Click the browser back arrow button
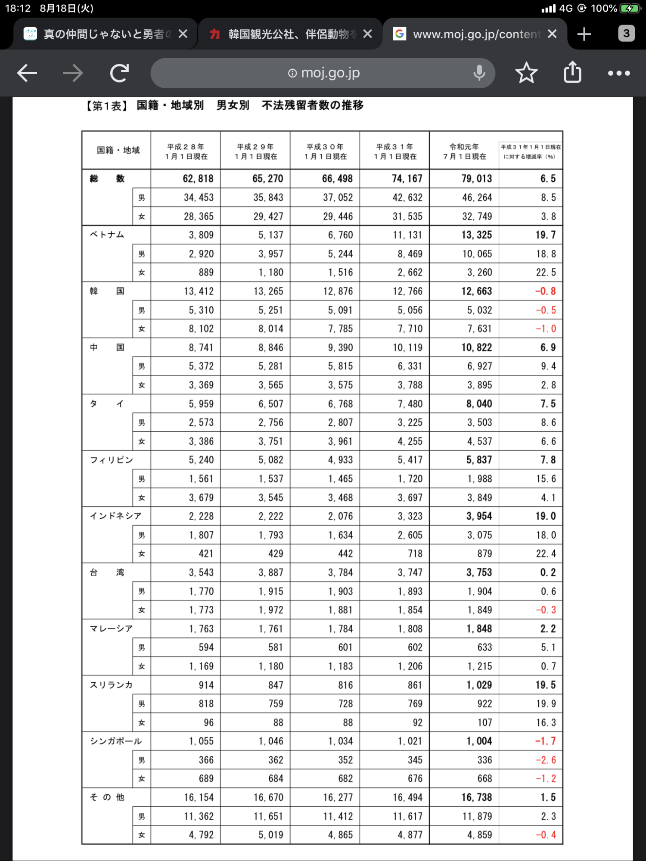pyautogui.click(x=27, y=73)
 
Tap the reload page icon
pyautogui.click(x=119, y=73)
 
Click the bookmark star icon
pyautogui.click(x=526, y=73)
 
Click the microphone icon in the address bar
pyautogui.click(x=479, y=73)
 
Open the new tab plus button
pyautogui.click(x=584, y=34)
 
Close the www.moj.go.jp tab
pyautogui.click(x=552, y=34)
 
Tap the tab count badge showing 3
pyautogui.click(x=626, y=34)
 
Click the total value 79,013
pyautogui.click(x=476, y=179)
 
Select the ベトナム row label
pyautogui.click(x=107, y=235)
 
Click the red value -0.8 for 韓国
pyautogui.click(x=545, y=291)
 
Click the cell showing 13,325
pyautogui.click(x=476, y=235)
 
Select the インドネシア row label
pyautogui.click(x=115, y=516)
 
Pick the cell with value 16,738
pyautogui.click(x=476, y=798)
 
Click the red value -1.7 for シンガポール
pyautogui.click(x=545, y=741)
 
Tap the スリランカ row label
pyautogui.click(x=111, y=685)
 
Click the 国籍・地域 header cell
pyautogui.click(x=118, y=150)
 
